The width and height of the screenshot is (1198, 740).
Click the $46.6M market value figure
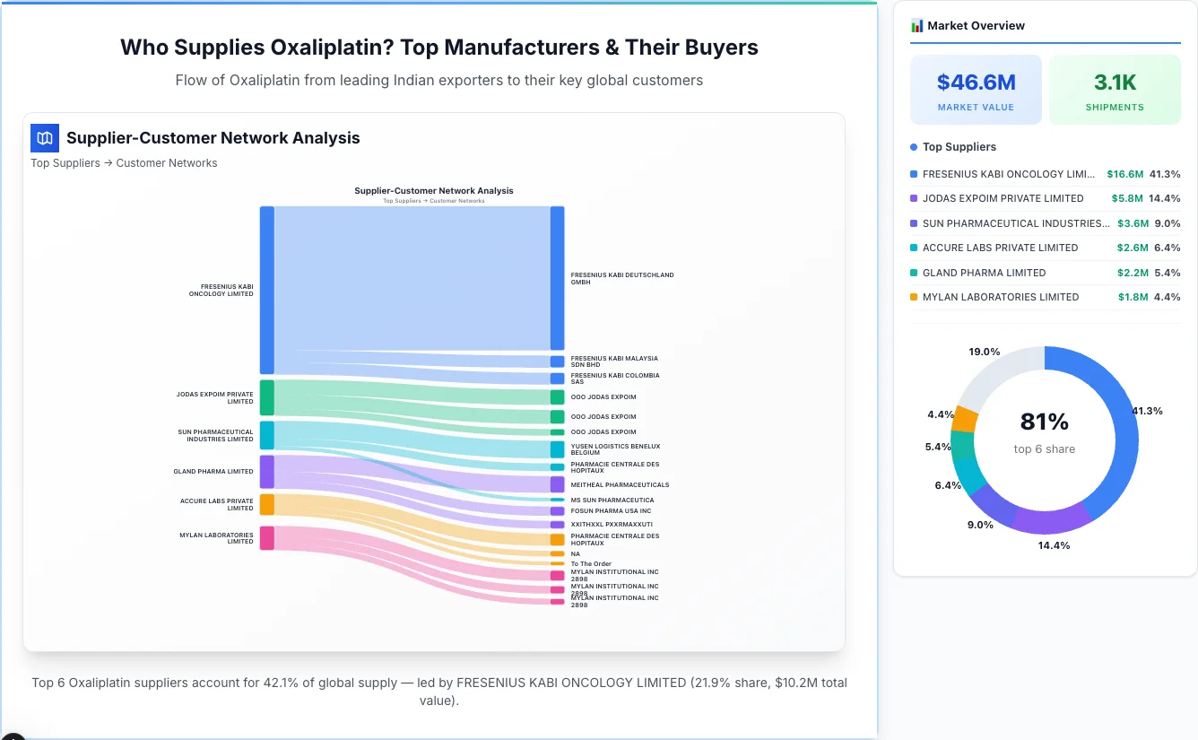[976, 83]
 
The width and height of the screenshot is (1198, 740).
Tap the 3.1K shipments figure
[1115, 83]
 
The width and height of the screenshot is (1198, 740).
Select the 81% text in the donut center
[1044, 422]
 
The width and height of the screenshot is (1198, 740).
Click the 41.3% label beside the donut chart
[1147, 411]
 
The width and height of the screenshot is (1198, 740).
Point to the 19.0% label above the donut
[984, 352]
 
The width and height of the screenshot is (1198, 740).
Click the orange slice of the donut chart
[965, 419]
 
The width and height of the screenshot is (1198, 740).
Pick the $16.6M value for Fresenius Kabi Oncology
[1124, 174]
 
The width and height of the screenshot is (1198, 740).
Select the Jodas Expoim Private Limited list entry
[1003, 198]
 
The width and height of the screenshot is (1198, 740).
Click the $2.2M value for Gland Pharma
[1132, 273]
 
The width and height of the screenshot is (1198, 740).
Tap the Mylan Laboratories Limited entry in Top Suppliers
[1000, 297]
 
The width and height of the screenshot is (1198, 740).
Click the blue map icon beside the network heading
[45, 138]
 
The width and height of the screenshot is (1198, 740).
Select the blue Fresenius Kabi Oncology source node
[266, 290]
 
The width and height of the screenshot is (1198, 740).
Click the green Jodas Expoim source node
[266, 397]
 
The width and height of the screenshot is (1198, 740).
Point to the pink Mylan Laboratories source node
[266, 538]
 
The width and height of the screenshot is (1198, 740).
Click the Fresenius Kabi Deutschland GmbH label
[621, 278]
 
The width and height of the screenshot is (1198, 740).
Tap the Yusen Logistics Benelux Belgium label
[614, 449]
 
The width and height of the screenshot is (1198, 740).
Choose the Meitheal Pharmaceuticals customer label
[620, 484]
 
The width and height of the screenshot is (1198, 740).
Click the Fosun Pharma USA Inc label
[611, 511]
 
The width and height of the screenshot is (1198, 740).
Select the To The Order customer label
[591, 564]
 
